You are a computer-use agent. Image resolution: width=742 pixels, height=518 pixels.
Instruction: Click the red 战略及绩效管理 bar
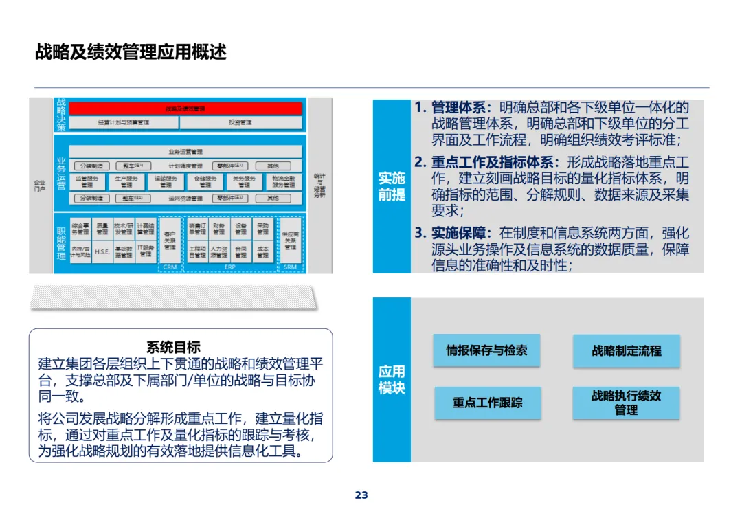pyautogui.click(x=185, y=109)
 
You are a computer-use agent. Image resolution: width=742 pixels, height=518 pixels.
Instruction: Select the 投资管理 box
pyautogui.click(x=240, y=123)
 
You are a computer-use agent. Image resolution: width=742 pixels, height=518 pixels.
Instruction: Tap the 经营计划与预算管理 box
pyautogui.click(x=124, y=123)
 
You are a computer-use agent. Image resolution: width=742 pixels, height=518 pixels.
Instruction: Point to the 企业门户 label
pyautogui.click(x=40, y=185)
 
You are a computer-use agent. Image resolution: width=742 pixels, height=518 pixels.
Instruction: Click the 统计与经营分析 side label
pyautogui.click(x=319, y=185)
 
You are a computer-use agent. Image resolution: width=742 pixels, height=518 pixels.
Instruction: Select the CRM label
pyautogui.click(x=170, y=267)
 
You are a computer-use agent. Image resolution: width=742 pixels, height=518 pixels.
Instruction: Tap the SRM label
pyautogui.click(x=291, y=267)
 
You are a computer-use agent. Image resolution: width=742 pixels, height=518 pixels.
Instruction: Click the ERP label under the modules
pyautogui.click(x=229, y=267)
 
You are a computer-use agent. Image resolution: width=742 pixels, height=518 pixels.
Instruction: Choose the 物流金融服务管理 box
pyautogui.click(x=284, y=181)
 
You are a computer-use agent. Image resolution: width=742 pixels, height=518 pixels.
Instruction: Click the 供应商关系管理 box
pyautogui.click(x=291, y=240)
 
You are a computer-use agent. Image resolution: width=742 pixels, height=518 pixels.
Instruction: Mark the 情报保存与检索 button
pyautogui.click(x=486, y=350)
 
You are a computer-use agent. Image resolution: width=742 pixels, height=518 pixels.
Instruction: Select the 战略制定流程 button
pyautogui.click(x=626, y=351)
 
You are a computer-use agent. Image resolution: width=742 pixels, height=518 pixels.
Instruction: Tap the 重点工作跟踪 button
pyautogui.click(x=487, y=403)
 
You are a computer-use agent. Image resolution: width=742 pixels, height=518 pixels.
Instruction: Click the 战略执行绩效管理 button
pyautogui.click(x=626, y=403)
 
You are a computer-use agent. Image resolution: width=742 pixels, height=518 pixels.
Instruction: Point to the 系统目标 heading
pyautogui.click(x=173, y=348)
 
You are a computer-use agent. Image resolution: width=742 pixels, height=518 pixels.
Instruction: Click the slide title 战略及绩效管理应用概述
pyautogui.click(x=131, y=52)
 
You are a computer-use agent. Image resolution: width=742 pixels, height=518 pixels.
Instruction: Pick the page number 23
pyautogui.click(x=361, y=495)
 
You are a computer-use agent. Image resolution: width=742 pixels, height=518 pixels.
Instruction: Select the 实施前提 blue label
pyautogui.click(x=392, y=186)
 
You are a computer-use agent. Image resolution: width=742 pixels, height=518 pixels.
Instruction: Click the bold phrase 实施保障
pyautogui.click(x=461, y=233)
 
